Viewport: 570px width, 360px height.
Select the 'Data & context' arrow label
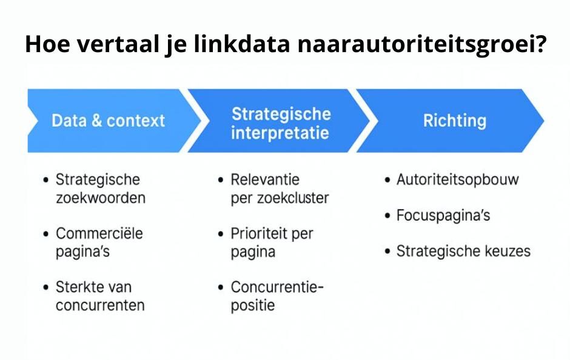pyautogui.click(x=108, y=121)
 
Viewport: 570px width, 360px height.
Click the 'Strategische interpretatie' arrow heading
pyautogui.click(x=281, y=123)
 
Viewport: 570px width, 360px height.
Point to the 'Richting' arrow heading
pyautogui.click(x=454, y=120)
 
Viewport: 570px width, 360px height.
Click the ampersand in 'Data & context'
pyautogui.click(x=96, y=121)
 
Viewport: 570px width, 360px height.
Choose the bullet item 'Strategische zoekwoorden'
pyautogui.click(x=100, y=188)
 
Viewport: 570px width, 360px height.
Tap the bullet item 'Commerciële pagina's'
pyautogui.click(x=99, y=242)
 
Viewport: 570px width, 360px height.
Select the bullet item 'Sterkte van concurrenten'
pyautogui.click(x=99, y=295)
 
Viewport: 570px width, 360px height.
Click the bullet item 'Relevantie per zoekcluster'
pyautogui.click(x=279, y=188)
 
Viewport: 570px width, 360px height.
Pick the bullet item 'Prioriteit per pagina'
pyautogui.click(x=271, y=242)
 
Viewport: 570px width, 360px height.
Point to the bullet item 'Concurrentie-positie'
pyautogui.click(x=277, y=295)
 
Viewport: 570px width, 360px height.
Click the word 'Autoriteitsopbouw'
pyautogui.click(x=458, y=179)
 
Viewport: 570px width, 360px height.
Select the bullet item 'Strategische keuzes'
pyautogui.click(x=463, y=251)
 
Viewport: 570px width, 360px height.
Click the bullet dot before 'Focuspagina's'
pyautogui.click(x=387, y=216)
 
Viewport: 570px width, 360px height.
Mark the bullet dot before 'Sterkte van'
pyautogui.click(x=47, y=287)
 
